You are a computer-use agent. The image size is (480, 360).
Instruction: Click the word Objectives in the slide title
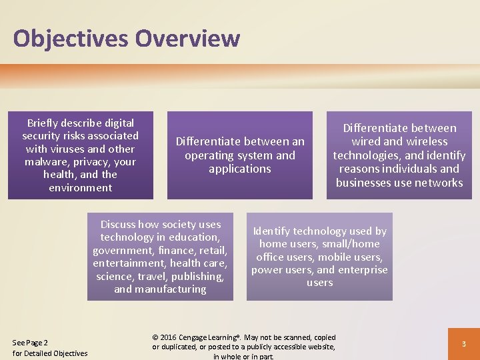coord(71,38)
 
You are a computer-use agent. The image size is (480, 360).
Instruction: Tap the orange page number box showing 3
coord(463,343)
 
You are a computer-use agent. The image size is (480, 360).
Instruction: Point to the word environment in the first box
coord(81,188)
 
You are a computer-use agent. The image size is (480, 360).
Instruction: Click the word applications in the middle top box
coord(239,169)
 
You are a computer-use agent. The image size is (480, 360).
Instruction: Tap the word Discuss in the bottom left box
coord(118,225)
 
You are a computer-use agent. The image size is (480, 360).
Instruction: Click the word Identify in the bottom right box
coord(271,231)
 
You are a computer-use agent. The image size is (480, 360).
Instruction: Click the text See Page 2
coord(30,343)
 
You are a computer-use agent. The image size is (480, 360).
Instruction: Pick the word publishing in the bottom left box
coord(196,277)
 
